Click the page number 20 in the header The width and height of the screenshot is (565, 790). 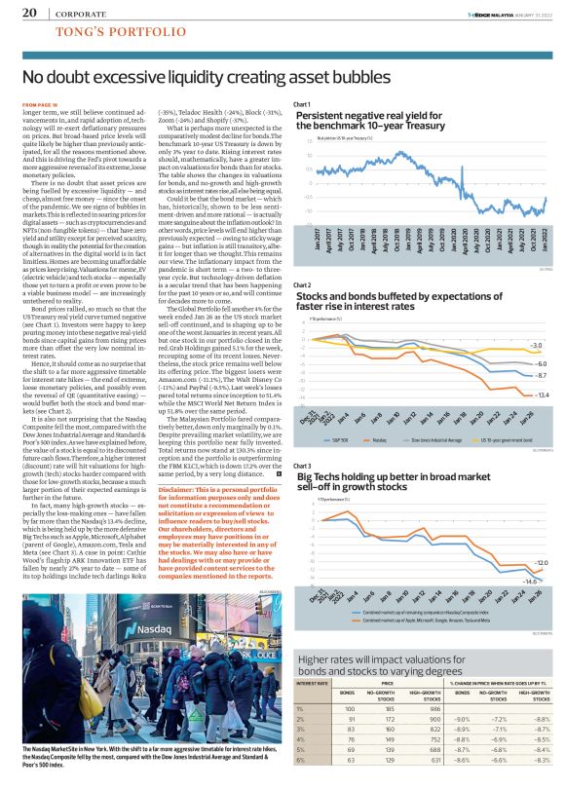coord(28,13)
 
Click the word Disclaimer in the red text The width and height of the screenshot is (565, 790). coord(176,489)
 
